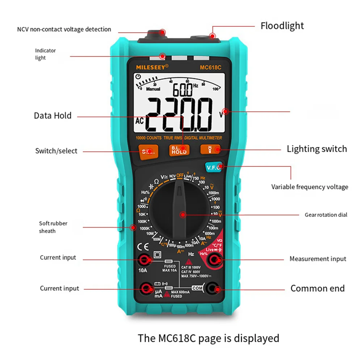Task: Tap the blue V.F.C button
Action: pos(212,167)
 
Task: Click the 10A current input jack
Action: pos(147,259)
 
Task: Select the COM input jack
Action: pos(217,289)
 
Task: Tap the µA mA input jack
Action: pos(147,289)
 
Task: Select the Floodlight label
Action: pos(282,26)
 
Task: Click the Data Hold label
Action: pos(53,116)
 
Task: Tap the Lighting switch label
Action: pos(317,149)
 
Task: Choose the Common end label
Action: pos(317,289)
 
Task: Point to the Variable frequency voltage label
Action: pos(310,187)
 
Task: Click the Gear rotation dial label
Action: pos(326,215)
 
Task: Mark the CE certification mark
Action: pos(141,248)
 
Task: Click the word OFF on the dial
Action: pos(180,175)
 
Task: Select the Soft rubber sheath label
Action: pos(53,227)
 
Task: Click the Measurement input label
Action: pos(317,259)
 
